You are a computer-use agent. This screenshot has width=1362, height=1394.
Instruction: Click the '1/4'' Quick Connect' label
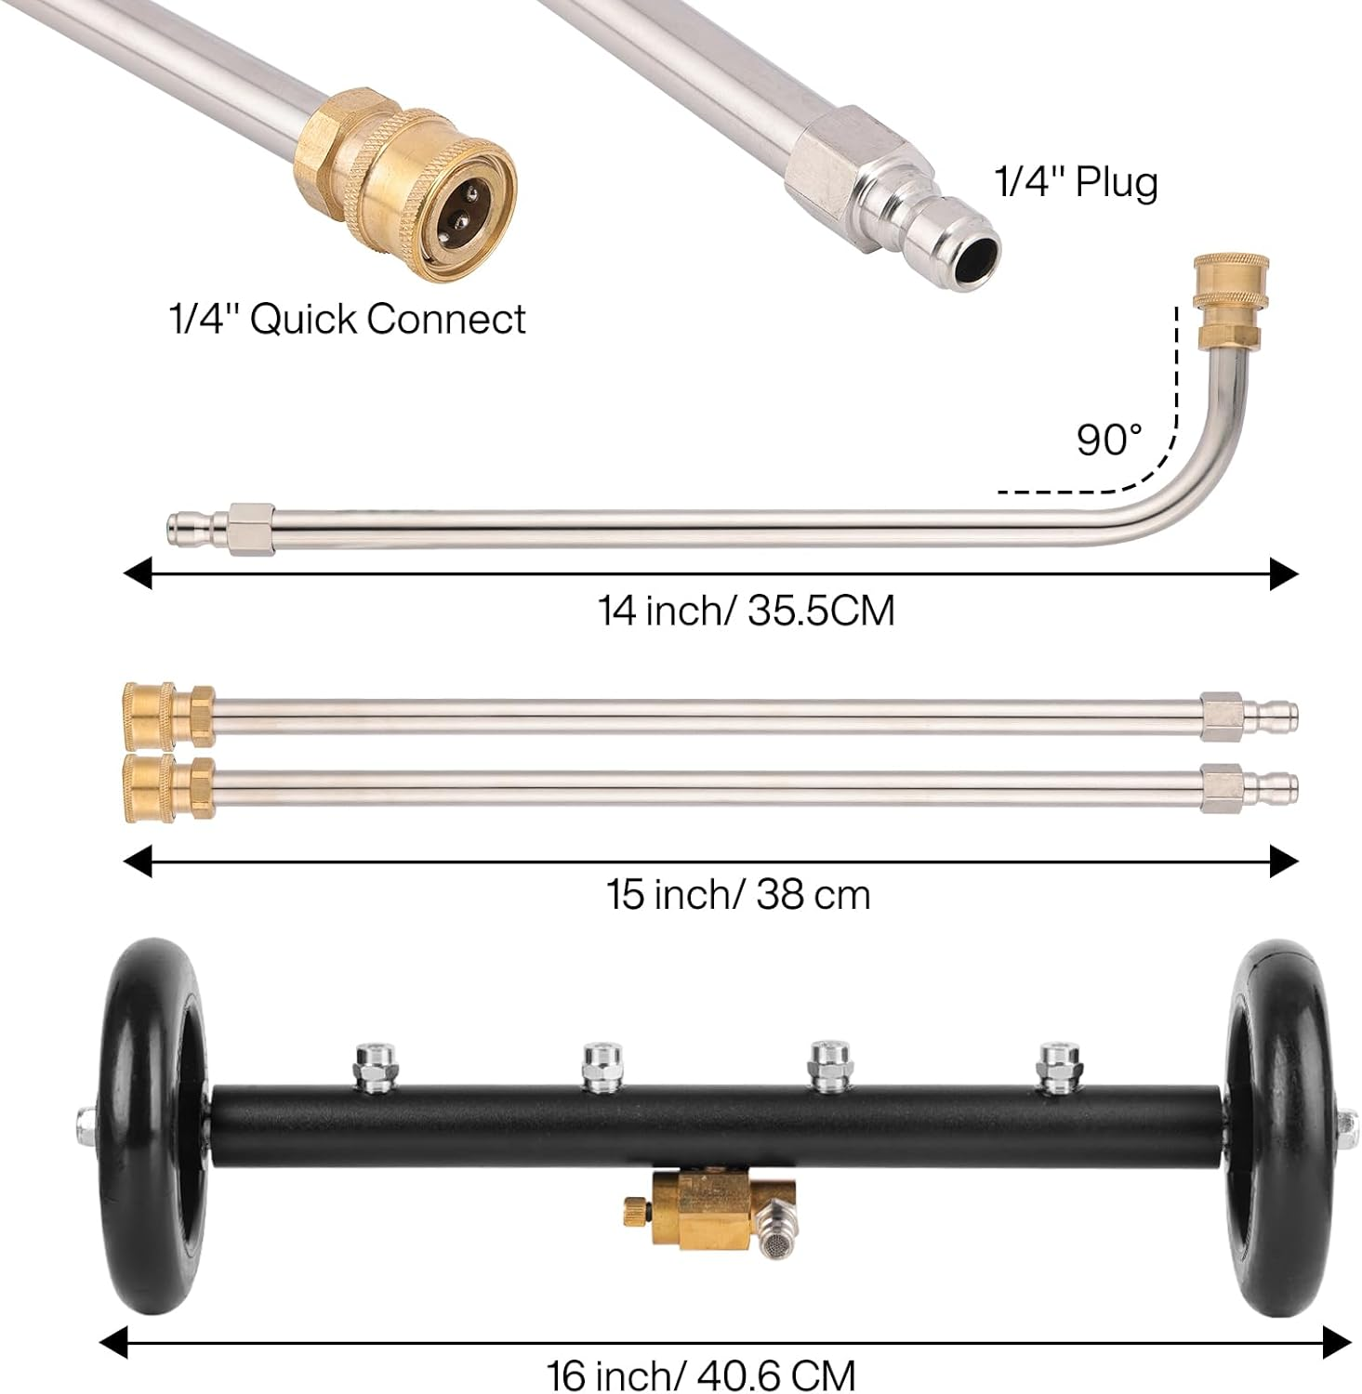click(x=347, y=319)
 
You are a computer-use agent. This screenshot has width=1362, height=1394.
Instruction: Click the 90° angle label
click(x=1108, y=439)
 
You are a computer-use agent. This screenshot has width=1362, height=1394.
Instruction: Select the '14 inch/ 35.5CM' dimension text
click(x=746, y=611)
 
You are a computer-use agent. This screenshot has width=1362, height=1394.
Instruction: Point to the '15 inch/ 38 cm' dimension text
click(x=738, y=894)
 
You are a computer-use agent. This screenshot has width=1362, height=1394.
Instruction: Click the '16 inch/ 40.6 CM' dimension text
click(x=700, y=1374)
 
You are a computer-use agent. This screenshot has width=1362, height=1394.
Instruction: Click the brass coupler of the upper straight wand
click(x=167, y=714)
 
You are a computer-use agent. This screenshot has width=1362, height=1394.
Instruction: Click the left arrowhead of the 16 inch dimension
click(x=112, y=1342)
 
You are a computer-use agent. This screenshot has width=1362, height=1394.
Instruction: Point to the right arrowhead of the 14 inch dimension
click(x=1284, y=574)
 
